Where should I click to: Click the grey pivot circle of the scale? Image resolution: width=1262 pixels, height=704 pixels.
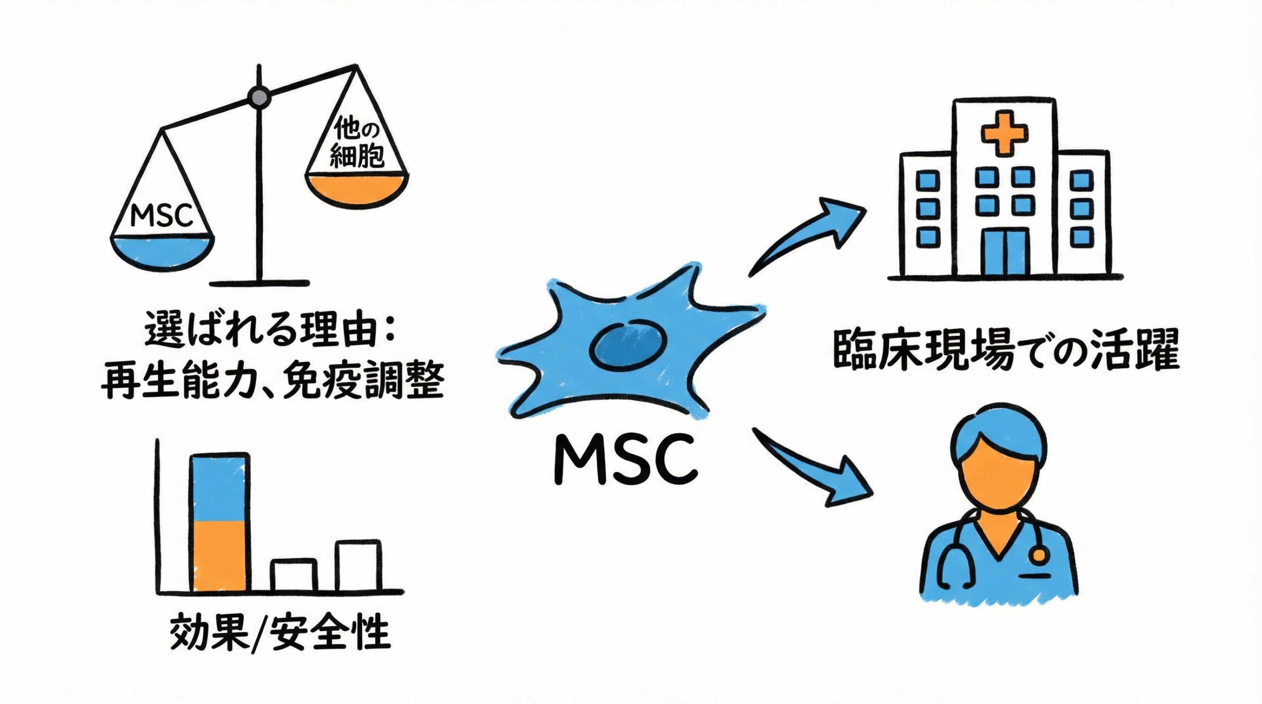258,97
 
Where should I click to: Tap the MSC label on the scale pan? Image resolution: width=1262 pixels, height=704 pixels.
161,216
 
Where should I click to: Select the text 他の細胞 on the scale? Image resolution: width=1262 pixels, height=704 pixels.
356,143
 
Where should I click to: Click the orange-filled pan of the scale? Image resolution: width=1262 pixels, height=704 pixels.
356,189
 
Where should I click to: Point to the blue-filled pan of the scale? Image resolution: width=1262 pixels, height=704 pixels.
162,252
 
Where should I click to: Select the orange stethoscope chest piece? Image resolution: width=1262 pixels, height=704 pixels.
1039,555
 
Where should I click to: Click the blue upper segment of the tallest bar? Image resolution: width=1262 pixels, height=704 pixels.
220,488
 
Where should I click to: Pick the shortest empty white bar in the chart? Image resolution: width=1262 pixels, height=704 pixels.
294,575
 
